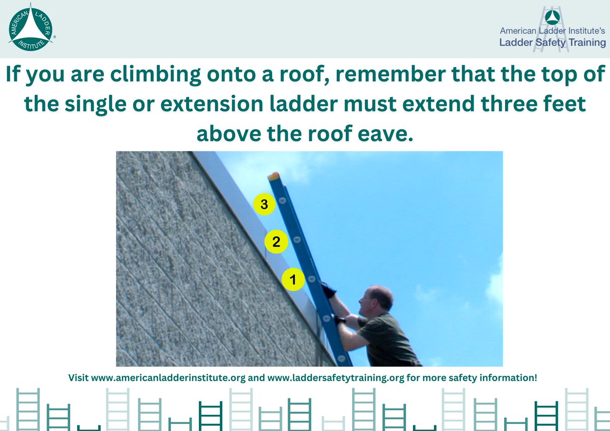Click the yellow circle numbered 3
(264, 205)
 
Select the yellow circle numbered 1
(293, 280)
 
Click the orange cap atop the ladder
(274, 176)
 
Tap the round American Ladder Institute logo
(30, 28)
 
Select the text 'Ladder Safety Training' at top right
(552, 43)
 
